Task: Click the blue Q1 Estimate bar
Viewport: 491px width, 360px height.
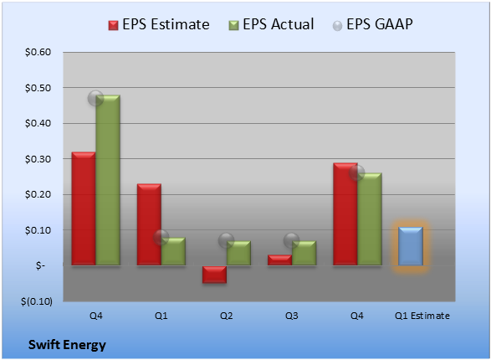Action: pyautogui.click(x=410, y=246)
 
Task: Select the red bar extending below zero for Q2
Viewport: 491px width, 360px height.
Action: pyautogui.click(x=214, y=275)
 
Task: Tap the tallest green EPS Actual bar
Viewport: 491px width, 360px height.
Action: pyautogui.click(x=108, y=180)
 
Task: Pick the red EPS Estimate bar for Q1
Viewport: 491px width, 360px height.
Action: pyautogui.click(x=149, y=224)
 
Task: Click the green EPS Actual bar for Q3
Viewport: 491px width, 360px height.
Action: pyautogui.click(x=304, y=253)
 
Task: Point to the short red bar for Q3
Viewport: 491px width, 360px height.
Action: pyautogui.click(x=279, y=260)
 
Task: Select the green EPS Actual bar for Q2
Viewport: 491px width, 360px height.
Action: pyautogui.click(x=238, y=253)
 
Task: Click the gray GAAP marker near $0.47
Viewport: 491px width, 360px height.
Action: pyautogui.click(x=95, y=99)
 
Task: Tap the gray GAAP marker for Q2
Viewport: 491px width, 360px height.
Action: pyautogui.click(x=226, y=241)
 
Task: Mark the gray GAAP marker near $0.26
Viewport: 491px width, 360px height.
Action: pyautogui.click(x=356, y=173)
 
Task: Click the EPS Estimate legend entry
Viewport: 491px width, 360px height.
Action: pyautogui.click(x=159, y=24)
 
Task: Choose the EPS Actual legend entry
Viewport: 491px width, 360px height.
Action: pyautogui.click(x=271, y=24)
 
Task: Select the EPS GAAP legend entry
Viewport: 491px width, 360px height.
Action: pyautogui.click(x=372, y=24)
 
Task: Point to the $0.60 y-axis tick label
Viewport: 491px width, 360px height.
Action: pyautogui.click(x=38, y=52)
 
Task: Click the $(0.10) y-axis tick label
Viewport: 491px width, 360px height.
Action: pyautogui.click(x=37, y=301)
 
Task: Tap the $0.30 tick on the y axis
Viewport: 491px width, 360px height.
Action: pyautogui.click(x=38, y=159)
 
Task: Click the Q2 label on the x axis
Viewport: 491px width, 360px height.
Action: pyautogui.click(x=226, y=316)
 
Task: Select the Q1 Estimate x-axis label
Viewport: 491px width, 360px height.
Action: pyautogui.click(x=422, y=316)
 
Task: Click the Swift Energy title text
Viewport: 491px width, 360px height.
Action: pyautogui.click(x=67, y=345)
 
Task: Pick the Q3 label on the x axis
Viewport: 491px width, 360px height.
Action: pyautogui.click(x=292, y=316)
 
